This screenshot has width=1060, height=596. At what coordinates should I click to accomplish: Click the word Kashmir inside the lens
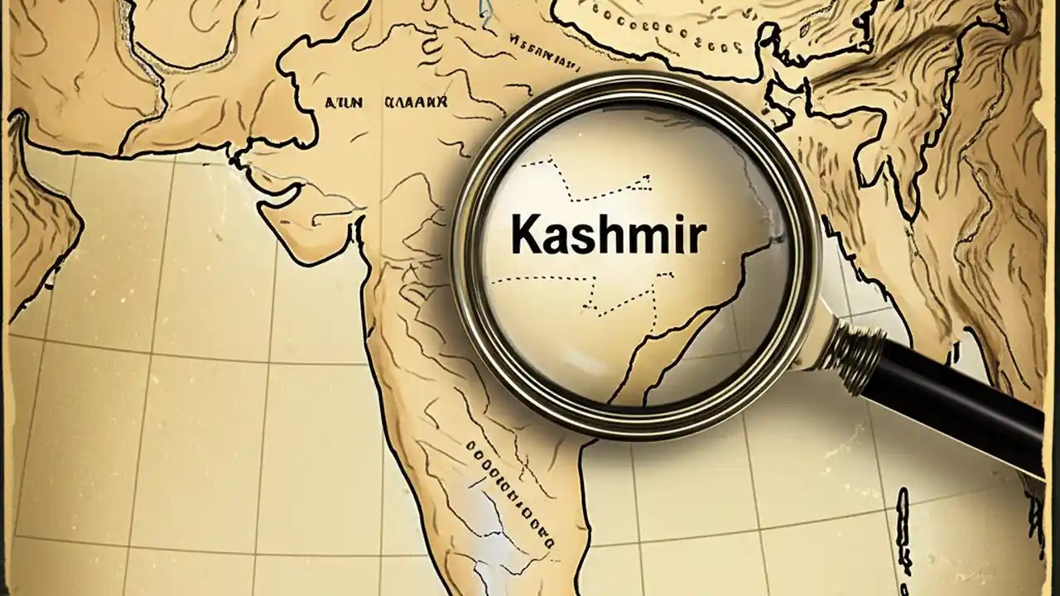(x=608, y=234)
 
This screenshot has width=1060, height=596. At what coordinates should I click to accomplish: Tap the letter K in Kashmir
(x=525, y=234)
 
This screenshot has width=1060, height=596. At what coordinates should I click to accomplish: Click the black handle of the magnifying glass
(x=961, y=406)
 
